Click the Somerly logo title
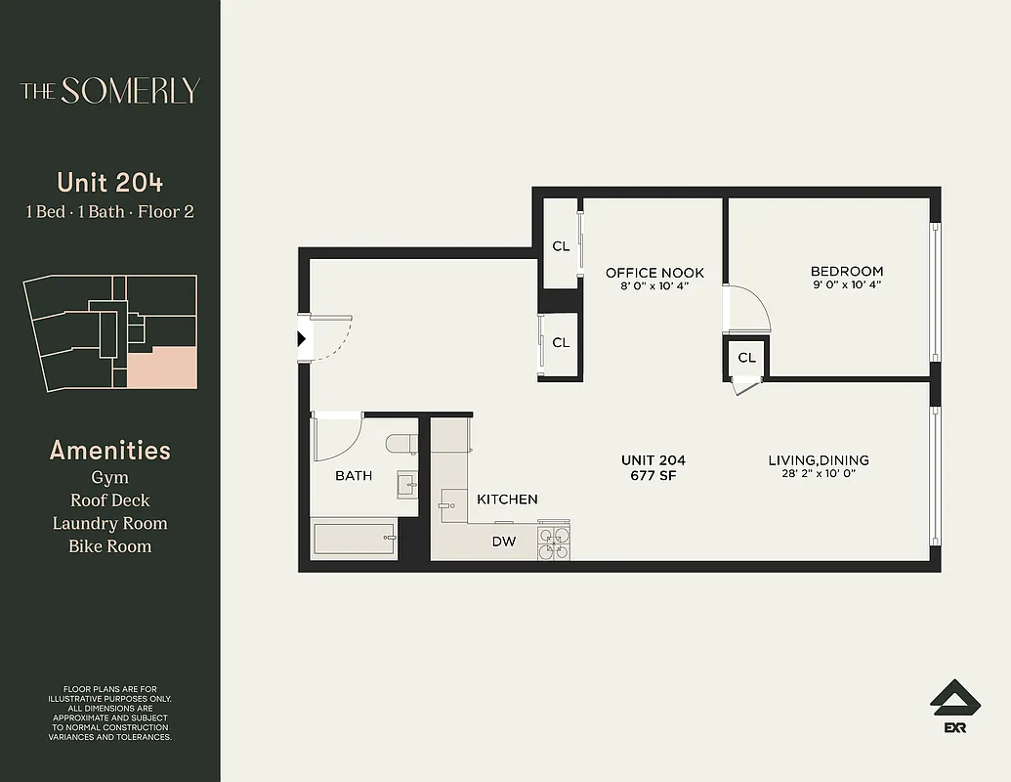click(110, 91)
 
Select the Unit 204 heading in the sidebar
click(109, 183)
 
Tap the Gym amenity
click(109, 478)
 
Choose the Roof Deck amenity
click(109, 500)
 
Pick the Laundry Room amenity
click(109, 523)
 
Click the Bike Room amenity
click(109, 545)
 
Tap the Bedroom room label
click(846, 271)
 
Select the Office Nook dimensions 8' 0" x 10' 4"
click(654, 286)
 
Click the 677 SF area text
click(653, 476)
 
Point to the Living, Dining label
click(818, 460)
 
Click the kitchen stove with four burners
click(555, 543)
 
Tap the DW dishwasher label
click(503, 541)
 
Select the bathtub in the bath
click(355, 538)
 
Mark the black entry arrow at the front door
click(302, 339)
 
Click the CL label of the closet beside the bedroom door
click(746, 358)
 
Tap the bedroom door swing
click(750, 311)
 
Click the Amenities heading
click(109, 451)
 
